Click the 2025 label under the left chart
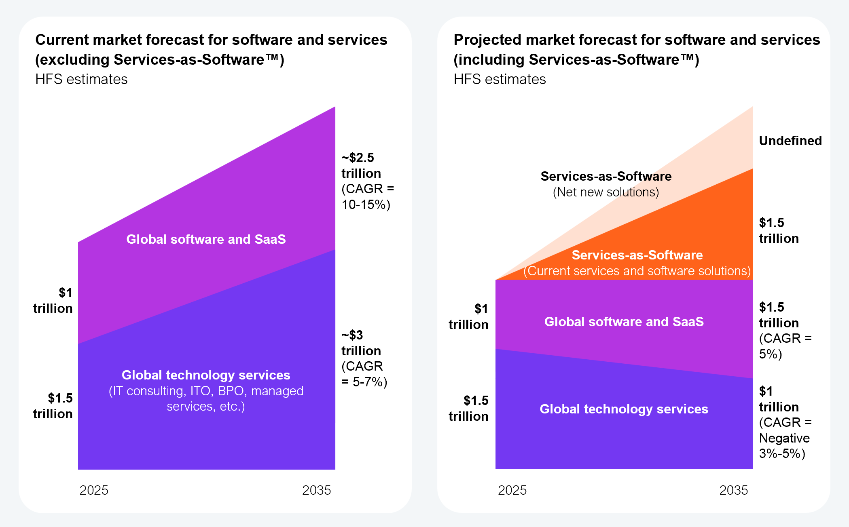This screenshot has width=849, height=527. click(94, 490)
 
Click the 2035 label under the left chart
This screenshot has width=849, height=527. click(316, 490)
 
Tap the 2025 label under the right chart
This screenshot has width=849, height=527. click(512, 490)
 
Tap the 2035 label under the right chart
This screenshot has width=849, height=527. click(733, 490)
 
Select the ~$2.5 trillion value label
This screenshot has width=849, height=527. click(361, 165)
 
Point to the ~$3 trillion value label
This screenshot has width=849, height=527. click(361, 343)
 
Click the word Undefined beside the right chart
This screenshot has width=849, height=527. click(790, 141)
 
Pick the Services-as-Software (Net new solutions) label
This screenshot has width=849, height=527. click(606, 184)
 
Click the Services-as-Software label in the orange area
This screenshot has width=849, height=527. click(637, 255)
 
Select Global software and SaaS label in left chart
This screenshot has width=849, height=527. click(206, 239)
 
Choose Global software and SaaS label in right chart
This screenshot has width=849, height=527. click(624, 322)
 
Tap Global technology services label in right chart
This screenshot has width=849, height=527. click(624, 409)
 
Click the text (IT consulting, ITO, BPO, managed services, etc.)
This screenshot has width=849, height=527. click(206, 398)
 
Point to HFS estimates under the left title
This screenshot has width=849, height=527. click(81, 79)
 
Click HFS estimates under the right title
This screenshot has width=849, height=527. click(500, 79)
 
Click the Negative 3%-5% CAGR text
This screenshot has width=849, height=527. click(784, 446)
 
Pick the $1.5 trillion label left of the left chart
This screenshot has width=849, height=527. click(53, 406)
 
